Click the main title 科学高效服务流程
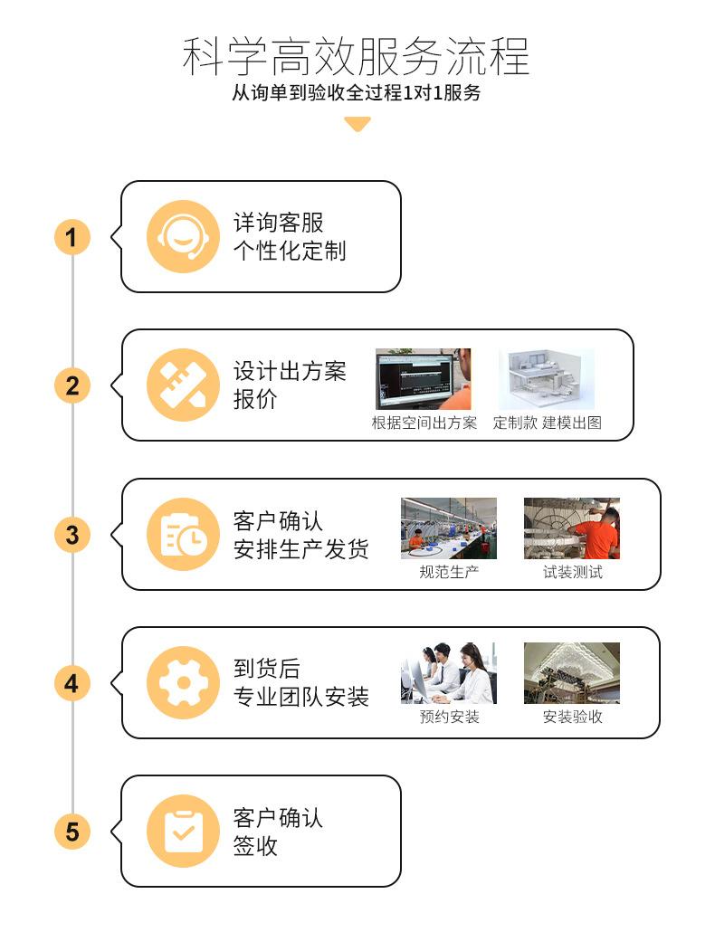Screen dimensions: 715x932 (x=356, y=56)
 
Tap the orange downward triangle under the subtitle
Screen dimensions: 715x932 (x=357, y=124)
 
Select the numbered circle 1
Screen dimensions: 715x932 (x=71, y=237)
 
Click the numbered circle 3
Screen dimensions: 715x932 (x=71, y=535)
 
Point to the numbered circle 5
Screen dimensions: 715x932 (x=71, y=831)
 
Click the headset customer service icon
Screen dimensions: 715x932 (x=183, y=236)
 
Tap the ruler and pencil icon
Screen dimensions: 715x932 (x=183, y=385)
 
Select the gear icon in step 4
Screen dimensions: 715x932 (x=183, y=682)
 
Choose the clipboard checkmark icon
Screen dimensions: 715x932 (x=183, y=831)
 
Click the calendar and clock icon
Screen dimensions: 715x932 (x=183, y=534)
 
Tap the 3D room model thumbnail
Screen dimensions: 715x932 (x=546, y=379)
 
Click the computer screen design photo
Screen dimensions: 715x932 (x=424, y=379)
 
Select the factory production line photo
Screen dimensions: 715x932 (x=449, y=528)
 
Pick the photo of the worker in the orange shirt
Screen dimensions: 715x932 (x=572, y=528)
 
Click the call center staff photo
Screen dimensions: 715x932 (x=449, y=673)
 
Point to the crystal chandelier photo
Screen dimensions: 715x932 (x=572, y=673)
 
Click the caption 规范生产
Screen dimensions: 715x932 (x=449, y=572)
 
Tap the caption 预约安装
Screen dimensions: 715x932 (x=449, y=717)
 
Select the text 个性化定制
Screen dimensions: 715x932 (x=290, y=251)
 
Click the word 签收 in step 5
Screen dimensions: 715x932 (x=255, y=845)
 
